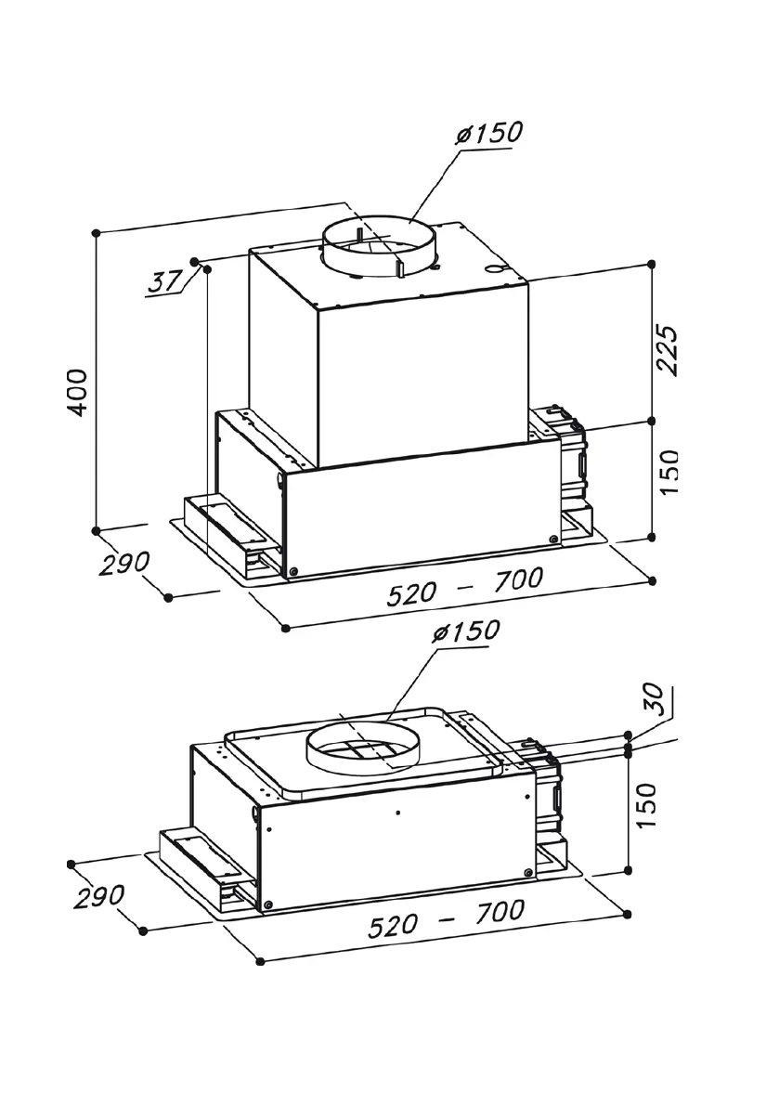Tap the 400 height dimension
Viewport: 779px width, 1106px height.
click(78, 391)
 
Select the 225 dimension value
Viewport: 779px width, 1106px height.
click(668, 349)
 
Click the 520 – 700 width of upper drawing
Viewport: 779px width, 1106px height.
click(464, 587)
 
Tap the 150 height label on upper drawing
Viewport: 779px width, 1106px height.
click(668, 472)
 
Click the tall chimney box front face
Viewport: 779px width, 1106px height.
click(422, 381)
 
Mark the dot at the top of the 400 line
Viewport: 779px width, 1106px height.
click(97, 233)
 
